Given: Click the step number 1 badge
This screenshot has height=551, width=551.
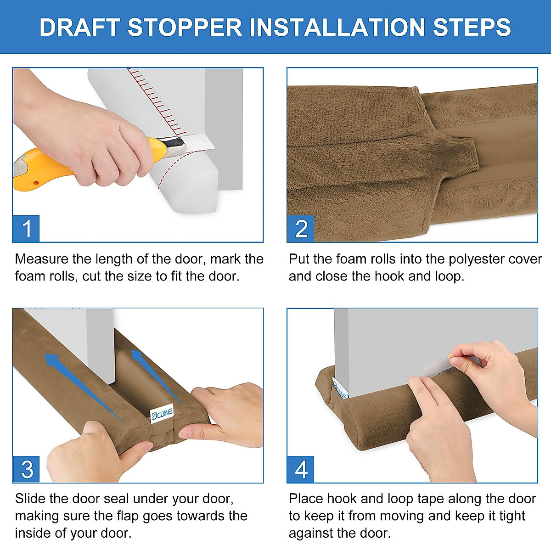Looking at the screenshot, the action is click(x=26, y=229).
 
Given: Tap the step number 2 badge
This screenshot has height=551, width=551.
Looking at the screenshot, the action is click(x=300, y=229).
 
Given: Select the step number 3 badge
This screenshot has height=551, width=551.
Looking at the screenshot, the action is click(x=26, y=469).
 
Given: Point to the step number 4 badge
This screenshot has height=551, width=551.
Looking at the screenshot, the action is click(x=300, y=469).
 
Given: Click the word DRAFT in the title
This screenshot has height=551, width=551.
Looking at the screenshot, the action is click(x=79, y=27).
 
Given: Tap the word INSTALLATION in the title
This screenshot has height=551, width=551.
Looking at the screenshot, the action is click(x=337, y=27).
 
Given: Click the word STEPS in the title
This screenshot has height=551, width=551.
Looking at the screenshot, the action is click(x=472, y=27).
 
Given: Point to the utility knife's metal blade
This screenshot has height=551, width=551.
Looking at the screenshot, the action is click(x=197, y=142).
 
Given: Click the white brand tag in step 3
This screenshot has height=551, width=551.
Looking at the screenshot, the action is click(x=162, y=414).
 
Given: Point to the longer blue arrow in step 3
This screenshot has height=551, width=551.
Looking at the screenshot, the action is click(x=84, y=388).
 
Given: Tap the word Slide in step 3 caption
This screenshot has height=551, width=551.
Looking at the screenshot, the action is click(x=30, y=499).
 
